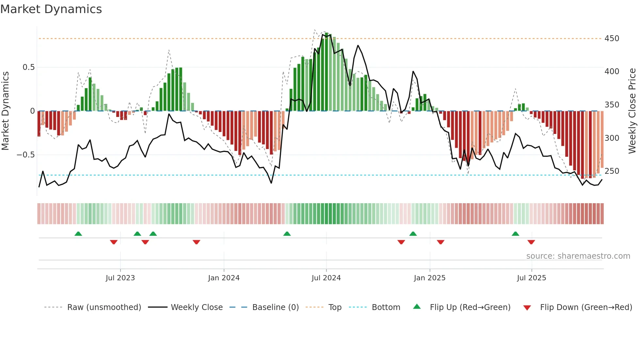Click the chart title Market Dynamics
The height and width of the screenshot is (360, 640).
[x=51, y=9]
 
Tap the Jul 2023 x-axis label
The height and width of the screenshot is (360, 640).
[x=120, y=278]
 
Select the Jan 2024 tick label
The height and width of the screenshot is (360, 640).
[x=224, y=278]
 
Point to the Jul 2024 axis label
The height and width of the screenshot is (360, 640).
[x=326, y=278]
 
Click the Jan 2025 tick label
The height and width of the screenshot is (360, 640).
[x=429, y=278]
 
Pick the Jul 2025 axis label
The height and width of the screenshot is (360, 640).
[x=531, y=278]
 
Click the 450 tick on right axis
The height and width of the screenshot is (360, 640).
[x=612, y=39]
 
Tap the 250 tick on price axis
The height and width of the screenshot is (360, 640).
[x=612, y=171]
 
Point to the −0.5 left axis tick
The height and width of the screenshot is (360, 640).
[x=25, y=155]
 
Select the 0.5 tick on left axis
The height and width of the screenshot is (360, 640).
[x=28, y=67]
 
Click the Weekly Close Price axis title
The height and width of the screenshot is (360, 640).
[x=632, y=111]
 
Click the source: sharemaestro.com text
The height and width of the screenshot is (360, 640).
[x=578, y=256]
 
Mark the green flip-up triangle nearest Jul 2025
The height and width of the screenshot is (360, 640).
[x=515, y=234]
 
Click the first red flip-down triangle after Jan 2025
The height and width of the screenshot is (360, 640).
[x=440, y=242]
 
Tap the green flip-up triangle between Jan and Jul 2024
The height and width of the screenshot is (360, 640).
[x=287, y=234]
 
